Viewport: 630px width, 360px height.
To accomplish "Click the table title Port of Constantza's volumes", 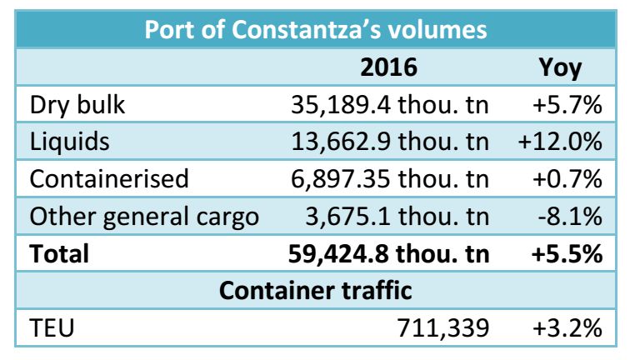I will click(x=315, y=30).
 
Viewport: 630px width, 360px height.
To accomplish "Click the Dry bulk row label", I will click(x=77, y=105).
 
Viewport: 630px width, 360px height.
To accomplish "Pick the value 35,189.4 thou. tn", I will click(x=390, y=105).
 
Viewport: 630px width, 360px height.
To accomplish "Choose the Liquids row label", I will click(x=69, y=142).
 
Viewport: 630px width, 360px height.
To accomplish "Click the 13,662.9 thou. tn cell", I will click(x=390, y=142).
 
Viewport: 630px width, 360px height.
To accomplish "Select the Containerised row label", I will click(x=109, y=179).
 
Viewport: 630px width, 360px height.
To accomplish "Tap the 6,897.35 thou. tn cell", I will click(x=390, y=179).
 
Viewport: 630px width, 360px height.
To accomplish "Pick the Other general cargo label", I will click(x=144, y=217).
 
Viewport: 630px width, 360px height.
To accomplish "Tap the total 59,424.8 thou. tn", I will click(x=390, y=253).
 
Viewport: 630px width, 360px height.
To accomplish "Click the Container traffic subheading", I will click(x=315, y=291).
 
